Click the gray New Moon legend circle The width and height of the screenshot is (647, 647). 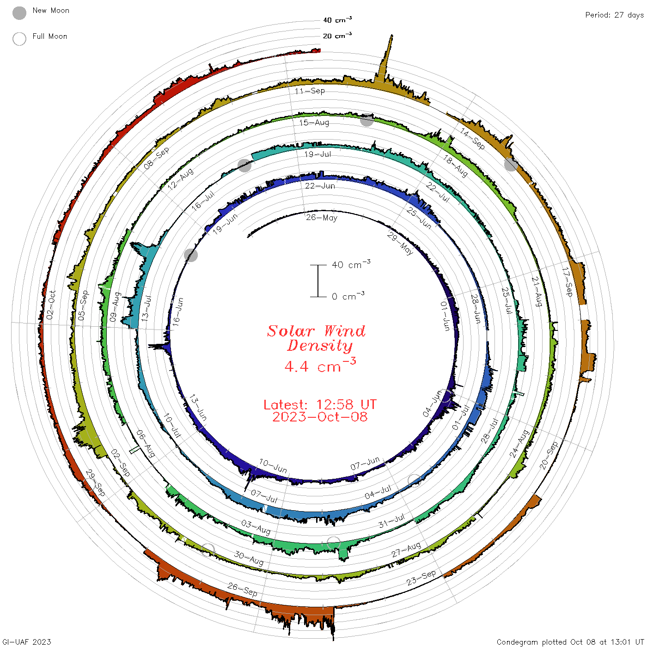point(19,13)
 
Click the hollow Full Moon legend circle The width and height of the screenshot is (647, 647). point(19,39)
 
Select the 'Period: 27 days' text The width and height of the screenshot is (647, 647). point(614,15)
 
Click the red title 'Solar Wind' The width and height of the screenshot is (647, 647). point(316,331)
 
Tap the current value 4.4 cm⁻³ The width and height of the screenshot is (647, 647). point(320,365)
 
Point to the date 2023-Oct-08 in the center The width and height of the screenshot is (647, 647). point(320,417)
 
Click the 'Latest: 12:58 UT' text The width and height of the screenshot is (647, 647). point(320,404)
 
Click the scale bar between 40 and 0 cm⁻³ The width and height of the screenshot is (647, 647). point(318,281)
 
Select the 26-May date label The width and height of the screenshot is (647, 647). point(321,218)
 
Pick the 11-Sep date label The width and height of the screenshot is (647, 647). point(310,91)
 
